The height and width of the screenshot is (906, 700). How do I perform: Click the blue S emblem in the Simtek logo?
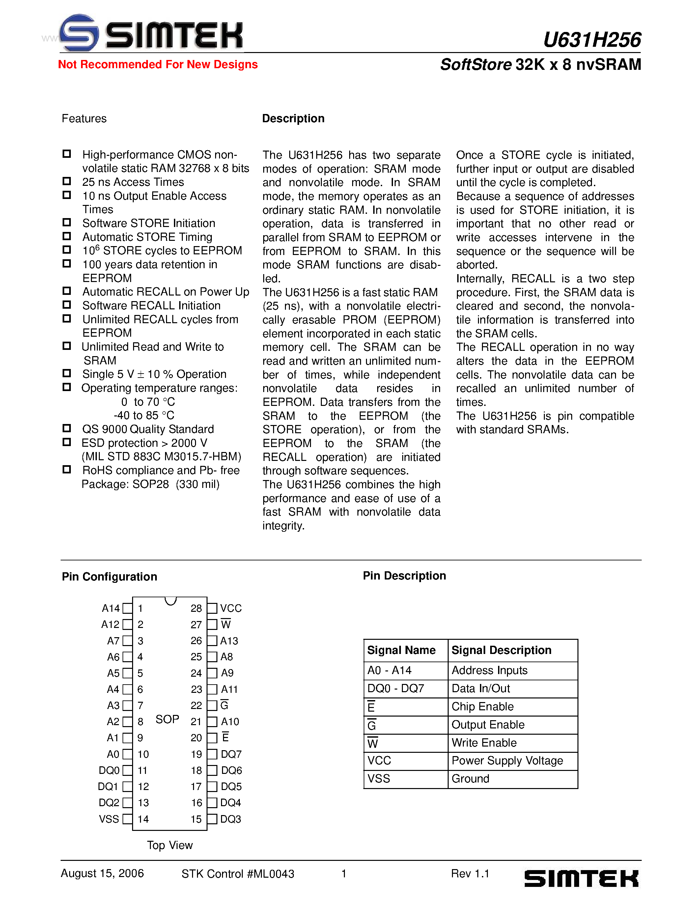(79, 33)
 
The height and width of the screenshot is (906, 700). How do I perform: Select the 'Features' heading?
(84, 119)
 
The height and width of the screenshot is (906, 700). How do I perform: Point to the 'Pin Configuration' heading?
(109, 577)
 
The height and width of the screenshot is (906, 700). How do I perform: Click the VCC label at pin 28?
(231, 608)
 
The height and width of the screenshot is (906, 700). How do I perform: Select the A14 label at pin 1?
(111, 608)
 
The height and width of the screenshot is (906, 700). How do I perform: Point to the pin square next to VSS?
(128, 819)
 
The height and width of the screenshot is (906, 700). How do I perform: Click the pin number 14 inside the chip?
(143, 819)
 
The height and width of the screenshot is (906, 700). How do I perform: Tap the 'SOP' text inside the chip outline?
(167, 719)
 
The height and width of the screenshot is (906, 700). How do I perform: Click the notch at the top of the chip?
(170, 601)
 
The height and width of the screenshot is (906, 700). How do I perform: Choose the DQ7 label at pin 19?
(231, 754)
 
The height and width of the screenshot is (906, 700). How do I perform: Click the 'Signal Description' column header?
(501, 650)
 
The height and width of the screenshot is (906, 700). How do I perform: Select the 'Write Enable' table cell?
(484, 743)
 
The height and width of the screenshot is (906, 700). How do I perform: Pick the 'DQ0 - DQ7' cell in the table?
(396, 689)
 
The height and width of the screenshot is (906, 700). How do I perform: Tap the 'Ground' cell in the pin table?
(470, 779)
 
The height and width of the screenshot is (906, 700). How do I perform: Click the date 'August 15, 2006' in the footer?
(102, 873)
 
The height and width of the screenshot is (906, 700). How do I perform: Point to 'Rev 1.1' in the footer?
(470, 874)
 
